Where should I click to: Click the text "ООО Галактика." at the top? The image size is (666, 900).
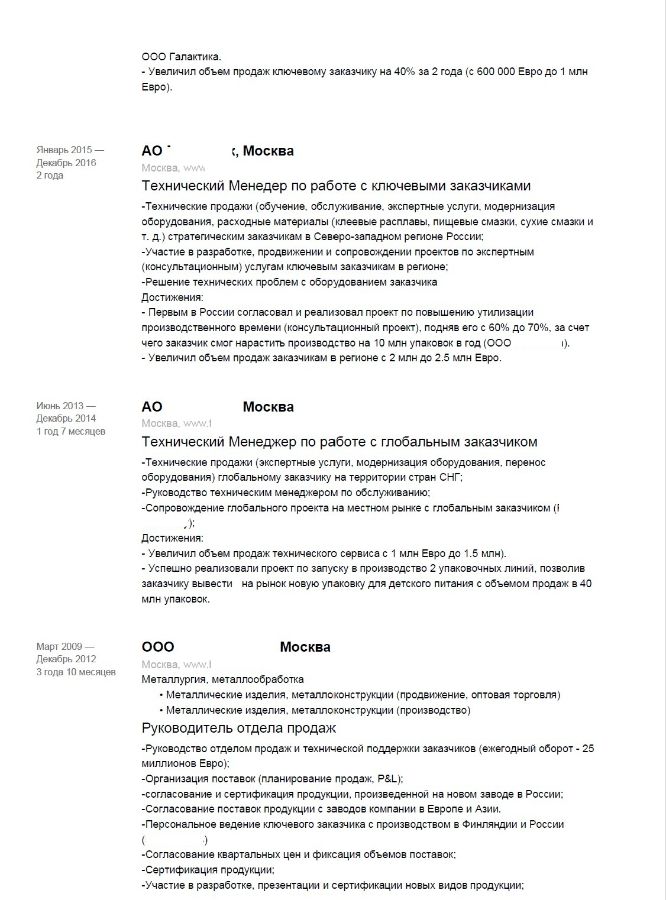[182, 57]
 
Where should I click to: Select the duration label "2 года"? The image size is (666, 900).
[50, 176]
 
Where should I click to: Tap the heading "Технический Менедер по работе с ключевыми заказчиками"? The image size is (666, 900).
[336, 186]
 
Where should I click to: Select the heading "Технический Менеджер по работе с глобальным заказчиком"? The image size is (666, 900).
[340, 441]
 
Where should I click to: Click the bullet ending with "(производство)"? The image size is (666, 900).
[318, 710]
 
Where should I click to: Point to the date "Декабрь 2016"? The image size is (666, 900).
[66, 163]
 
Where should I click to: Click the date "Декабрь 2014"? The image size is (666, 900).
[66, 419]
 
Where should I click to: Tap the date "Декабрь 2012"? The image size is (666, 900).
[66, 660]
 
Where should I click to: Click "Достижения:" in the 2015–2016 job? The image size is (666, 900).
[173, 297]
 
